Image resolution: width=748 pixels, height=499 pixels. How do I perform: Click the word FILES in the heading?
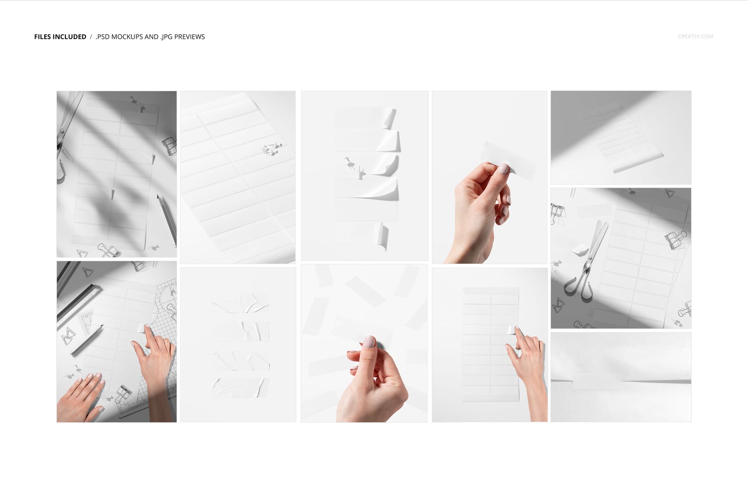pyautogui.click(x=43, y=37)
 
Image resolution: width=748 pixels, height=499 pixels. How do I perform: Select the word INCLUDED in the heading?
pyautogui.click(x=69, y=37)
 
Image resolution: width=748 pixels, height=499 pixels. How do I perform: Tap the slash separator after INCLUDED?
pyautogui.click(x=91, y=37)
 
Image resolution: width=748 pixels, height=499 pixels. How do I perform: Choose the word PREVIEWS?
pyautogui.click(x=189, y=37)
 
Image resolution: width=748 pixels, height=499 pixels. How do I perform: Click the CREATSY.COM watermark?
pyautogui.click(x=695, y=36)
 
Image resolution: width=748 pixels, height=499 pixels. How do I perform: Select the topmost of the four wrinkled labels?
pyautogui.click(x=240, y=303)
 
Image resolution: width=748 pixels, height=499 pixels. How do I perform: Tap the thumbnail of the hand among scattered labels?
pyautogui.click(x=364, y=343)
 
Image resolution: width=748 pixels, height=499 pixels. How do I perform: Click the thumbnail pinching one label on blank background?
pyautogui.click(x=489, y=177)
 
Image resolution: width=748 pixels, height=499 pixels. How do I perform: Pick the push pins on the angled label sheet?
pyautogui.click(x=271, y=149)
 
